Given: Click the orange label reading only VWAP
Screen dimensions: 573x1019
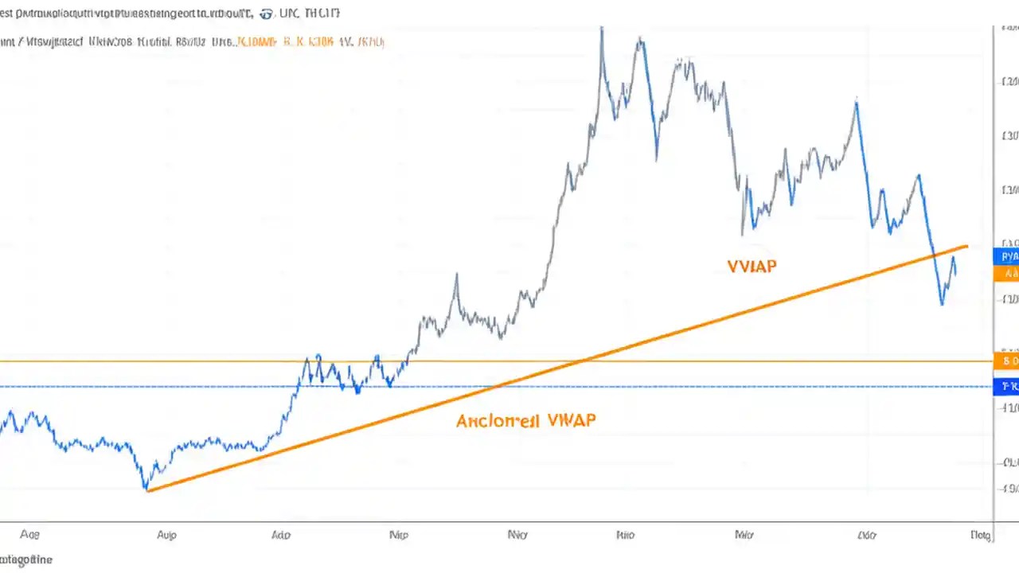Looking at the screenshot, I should point(752,267).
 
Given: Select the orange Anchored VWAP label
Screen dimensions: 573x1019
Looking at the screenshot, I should point(525,420).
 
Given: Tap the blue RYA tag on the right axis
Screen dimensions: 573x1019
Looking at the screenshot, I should point(1007,256).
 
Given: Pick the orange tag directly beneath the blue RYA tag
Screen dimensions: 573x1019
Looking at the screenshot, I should point(1007,274).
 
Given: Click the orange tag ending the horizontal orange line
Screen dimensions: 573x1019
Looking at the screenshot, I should point(1008,361).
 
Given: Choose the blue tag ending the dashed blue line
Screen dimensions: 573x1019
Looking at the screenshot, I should point(1008,387).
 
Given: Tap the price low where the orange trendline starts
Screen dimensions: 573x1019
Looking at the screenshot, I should point(146,489).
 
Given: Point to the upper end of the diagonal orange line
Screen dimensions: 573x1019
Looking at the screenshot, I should point(966,246).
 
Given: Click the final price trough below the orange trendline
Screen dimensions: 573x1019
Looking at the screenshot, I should point(942,304).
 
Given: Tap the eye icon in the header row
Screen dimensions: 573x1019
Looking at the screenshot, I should point(266,14).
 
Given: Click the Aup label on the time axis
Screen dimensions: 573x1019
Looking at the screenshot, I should point(166,536).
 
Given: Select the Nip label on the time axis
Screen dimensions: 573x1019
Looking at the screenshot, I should point(398,536).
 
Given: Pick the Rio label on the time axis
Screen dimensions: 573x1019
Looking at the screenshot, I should point(626,536).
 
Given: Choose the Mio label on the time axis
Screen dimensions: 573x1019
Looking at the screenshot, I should point(744,536).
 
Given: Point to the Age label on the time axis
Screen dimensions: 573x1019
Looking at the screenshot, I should point(29,536).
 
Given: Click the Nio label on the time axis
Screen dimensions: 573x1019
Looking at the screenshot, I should point(517,536).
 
